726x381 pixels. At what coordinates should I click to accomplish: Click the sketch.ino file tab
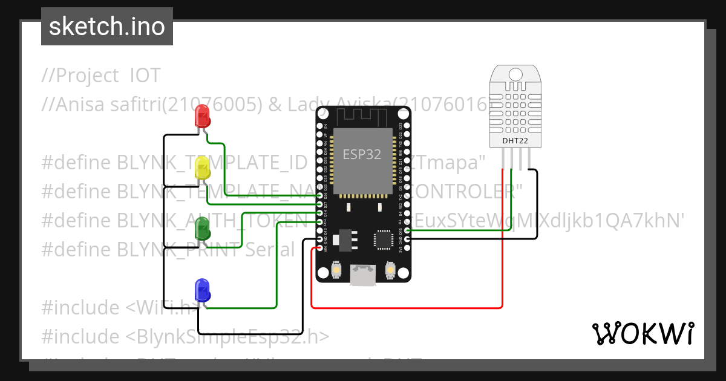[x=106, y=27]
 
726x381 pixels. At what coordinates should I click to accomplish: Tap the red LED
[x=201, y=115]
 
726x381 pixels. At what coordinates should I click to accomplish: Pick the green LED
[x=202, y=229]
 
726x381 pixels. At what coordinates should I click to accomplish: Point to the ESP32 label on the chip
[x=362, y=154]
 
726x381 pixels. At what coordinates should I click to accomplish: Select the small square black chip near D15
[x=384, y=239]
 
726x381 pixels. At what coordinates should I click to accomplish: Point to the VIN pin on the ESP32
[x=320, y=248]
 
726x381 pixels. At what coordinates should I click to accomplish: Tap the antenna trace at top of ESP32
[x=363, y=115]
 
